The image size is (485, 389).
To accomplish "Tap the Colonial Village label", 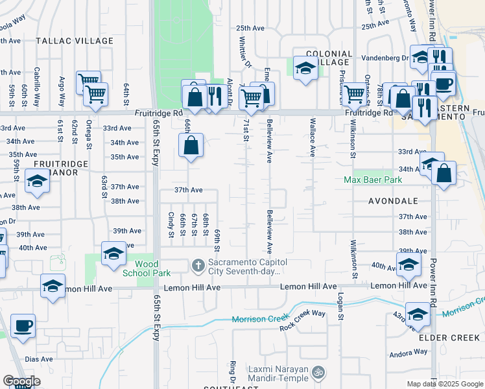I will click(329, 58).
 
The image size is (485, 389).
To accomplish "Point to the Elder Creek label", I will click(449, 338).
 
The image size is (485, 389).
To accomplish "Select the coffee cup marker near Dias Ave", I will click(23, 325).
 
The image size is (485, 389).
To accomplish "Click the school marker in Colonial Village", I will click(304, 67).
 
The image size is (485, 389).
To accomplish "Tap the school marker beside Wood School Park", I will click(113, 253).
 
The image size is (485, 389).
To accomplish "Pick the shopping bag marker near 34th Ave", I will click(191, 145).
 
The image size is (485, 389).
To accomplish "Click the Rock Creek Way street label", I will click(302, 313).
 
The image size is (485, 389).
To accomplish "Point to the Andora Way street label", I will click(408, 353).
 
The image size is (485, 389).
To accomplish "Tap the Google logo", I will click(22, 381).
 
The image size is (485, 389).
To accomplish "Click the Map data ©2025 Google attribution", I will click(444, 384).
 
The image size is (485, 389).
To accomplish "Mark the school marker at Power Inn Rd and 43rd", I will click(418, 313).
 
